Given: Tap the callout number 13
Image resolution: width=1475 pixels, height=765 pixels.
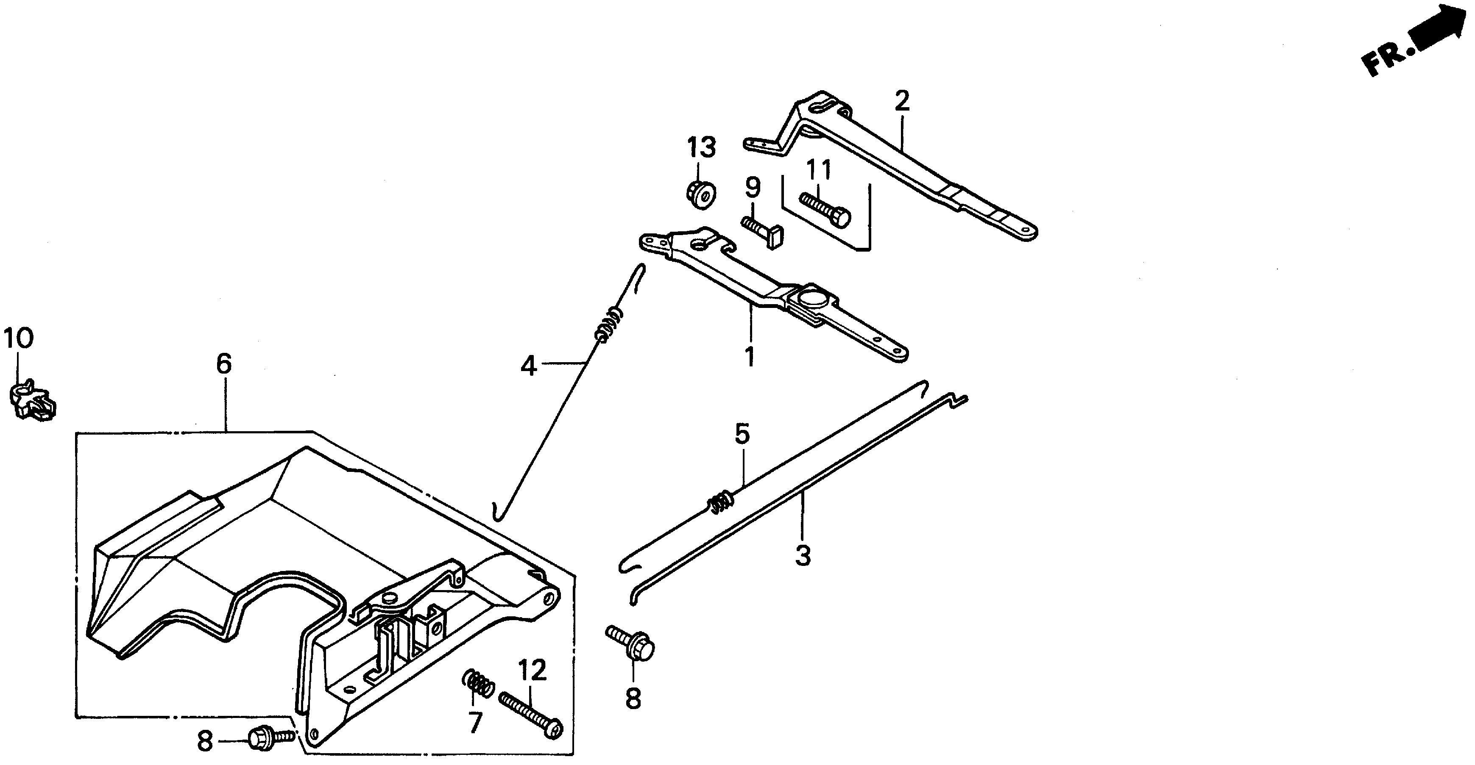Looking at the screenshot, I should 701,148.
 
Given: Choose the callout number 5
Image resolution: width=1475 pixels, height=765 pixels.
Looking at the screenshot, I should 742,435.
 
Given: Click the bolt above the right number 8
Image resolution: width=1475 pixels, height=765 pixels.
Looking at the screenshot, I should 632,644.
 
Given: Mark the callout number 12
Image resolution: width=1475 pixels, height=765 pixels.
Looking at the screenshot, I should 533,671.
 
